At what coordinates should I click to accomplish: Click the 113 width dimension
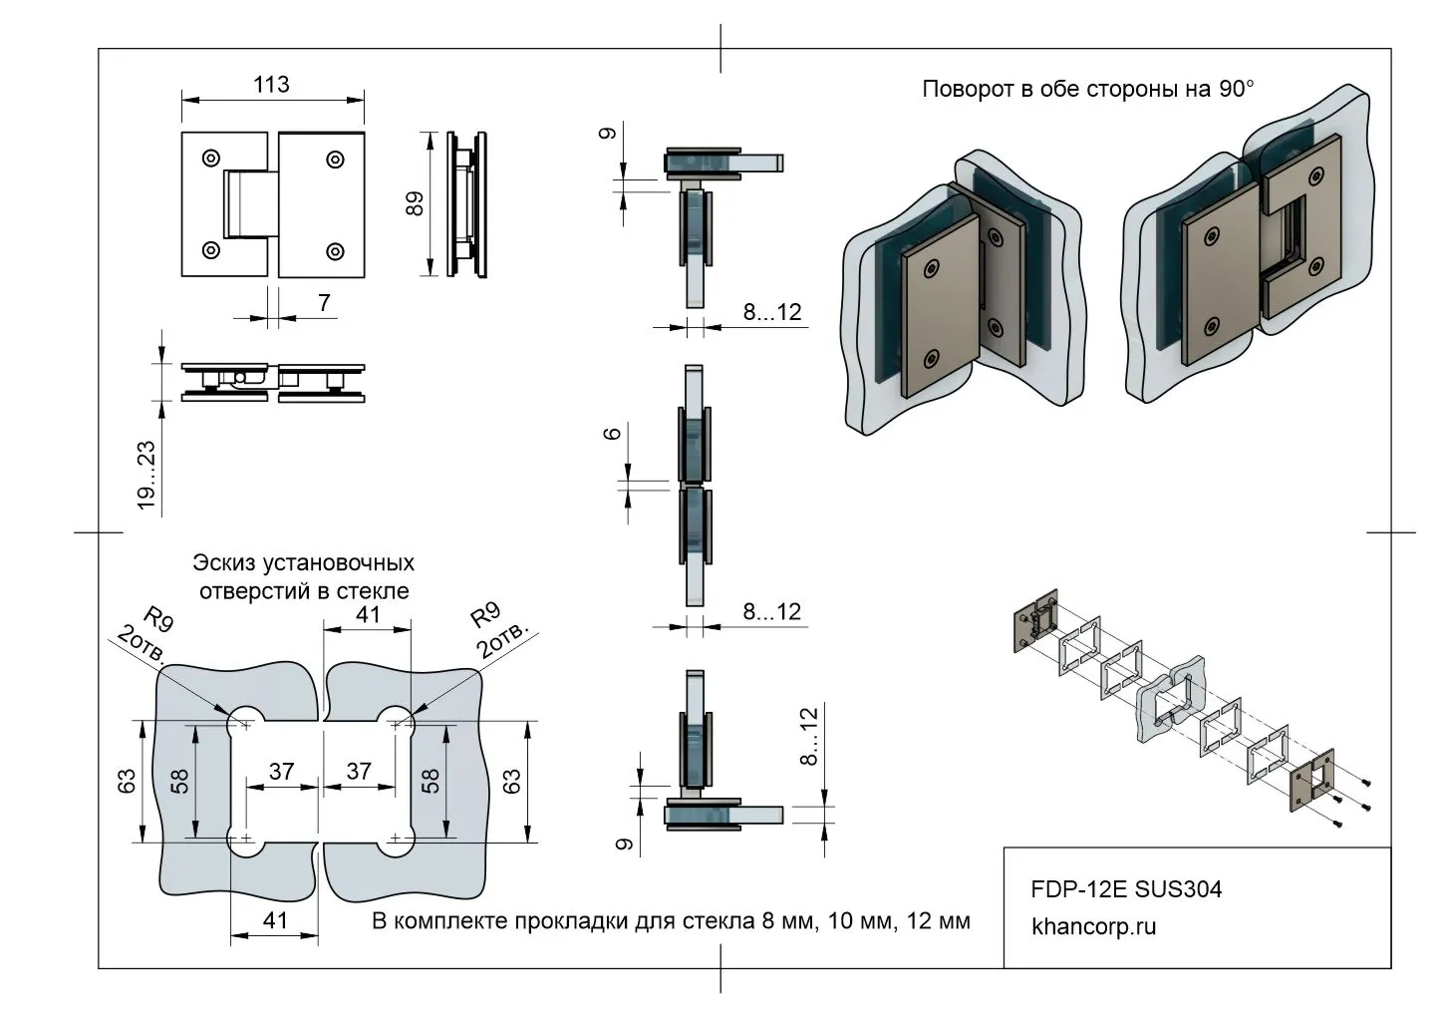tap(271, 85)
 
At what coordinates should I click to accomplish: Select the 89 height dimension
tap(416, 203)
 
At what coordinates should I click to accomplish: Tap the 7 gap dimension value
tap(324, 301)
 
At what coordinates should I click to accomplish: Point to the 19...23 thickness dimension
tap(147, 477)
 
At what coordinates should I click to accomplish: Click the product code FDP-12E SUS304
tap(1125, 888)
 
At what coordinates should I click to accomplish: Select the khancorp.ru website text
tap(1094, 926)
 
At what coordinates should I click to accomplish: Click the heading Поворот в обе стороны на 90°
tap(1087, 89)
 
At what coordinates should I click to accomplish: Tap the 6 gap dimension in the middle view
tap(613, 433)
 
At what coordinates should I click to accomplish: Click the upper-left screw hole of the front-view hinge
tap(211, 158)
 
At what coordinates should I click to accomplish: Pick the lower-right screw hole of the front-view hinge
tap(336, 250)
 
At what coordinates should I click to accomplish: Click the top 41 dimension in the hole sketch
tap(368, 614)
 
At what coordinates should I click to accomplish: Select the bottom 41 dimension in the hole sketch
tap(274, 919)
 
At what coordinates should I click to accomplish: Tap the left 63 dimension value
tap(127, 781)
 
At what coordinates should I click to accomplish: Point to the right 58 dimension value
tap(431, 781)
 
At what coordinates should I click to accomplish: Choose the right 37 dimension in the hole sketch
tap(358, 771)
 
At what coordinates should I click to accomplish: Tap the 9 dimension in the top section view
tap(610, 133)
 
